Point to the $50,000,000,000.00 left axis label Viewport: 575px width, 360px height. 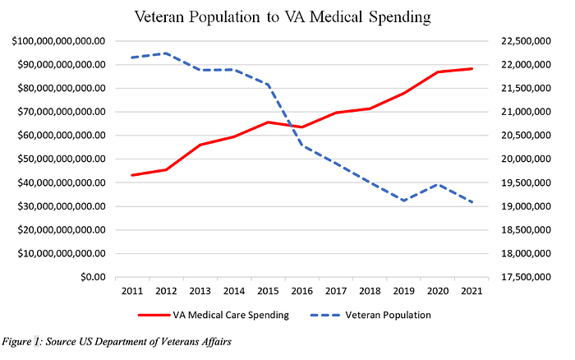click(57, 159)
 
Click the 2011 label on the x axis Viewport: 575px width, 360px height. click(131, 291)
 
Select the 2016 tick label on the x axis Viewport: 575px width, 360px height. click(301, 291)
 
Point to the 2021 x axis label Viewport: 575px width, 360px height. click(471, 291)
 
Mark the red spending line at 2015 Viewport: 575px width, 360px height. click(268, 122)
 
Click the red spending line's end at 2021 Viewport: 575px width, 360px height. click(471, 68)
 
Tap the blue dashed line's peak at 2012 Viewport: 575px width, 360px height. click(166, 53)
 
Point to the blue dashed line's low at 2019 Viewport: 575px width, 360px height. click(403, 201)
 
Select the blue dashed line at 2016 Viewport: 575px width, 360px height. click(301, 145)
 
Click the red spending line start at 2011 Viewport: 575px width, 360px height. click(131, 175)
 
